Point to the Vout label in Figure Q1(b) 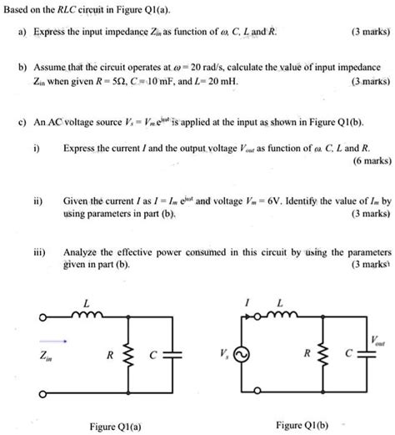[x=383, y=340]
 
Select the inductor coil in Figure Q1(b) [x=281, y=316]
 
